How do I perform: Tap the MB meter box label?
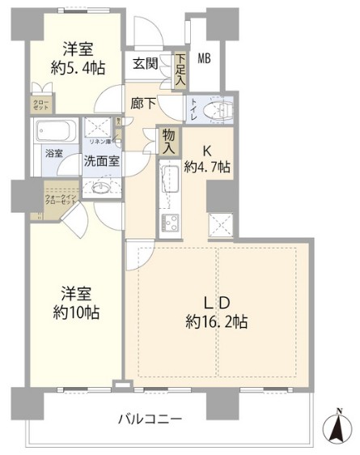click(204, 58)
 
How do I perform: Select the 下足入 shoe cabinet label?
click(180, 71)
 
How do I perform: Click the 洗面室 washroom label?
click(102, 160)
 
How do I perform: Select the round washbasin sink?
click(101, 189)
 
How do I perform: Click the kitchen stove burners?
click(172, 221)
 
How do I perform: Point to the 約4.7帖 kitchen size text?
click(207, 168)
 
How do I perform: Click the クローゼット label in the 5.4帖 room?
click(40, 104)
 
